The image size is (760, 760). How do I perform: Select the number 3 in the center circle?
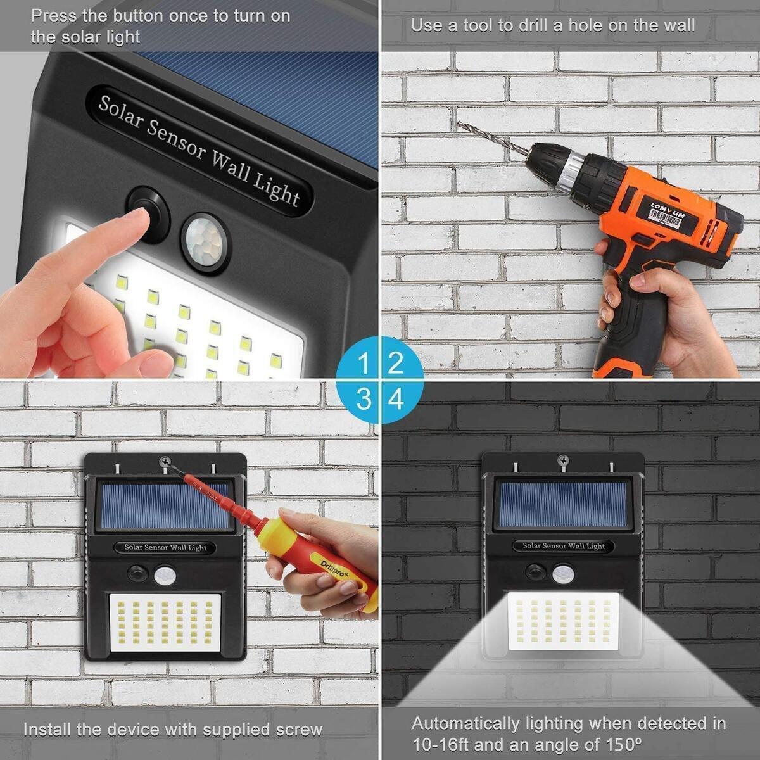[364, 400]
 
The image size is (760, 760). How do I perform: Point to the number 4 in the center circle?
[396, 400]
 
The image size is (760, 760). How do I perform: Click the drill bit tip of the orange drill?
[460, 124]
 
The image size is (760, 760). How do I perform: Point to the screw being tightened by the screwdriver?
[166, 464]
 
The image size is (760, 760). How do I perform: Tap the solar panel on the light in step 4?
[562, 503]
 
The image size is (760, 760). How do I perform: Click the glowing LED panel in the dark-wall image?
[562, 621]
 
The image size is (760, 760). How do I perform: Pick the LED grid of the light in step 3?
[166, 623]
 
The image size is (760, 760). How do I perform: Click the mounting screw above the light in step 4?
[562, 460]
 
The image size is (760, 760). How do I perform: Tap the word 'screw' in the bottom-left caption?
[299, 730]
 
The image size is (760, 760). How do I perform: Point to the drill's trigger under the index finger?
[636, 242]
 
